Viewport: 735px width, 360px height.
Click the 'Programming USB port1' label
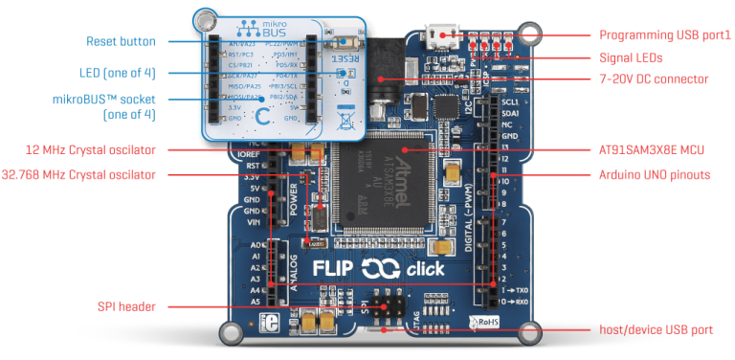pos(665,34)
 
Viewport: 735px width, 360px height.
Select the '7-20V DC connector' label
pos(654,79)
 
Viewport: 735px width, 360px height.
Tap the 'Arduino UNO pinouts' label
pos(655,174)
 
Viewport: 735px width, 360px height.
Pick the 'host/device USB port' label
pos(656,329)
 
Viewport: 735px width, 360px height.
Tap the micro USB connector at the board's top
pos(442,37)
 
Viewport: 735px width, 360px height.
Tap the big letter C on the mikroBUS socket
pos(263,117)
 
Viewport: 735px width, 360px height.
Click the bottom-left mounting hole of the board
pos(232,331)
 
